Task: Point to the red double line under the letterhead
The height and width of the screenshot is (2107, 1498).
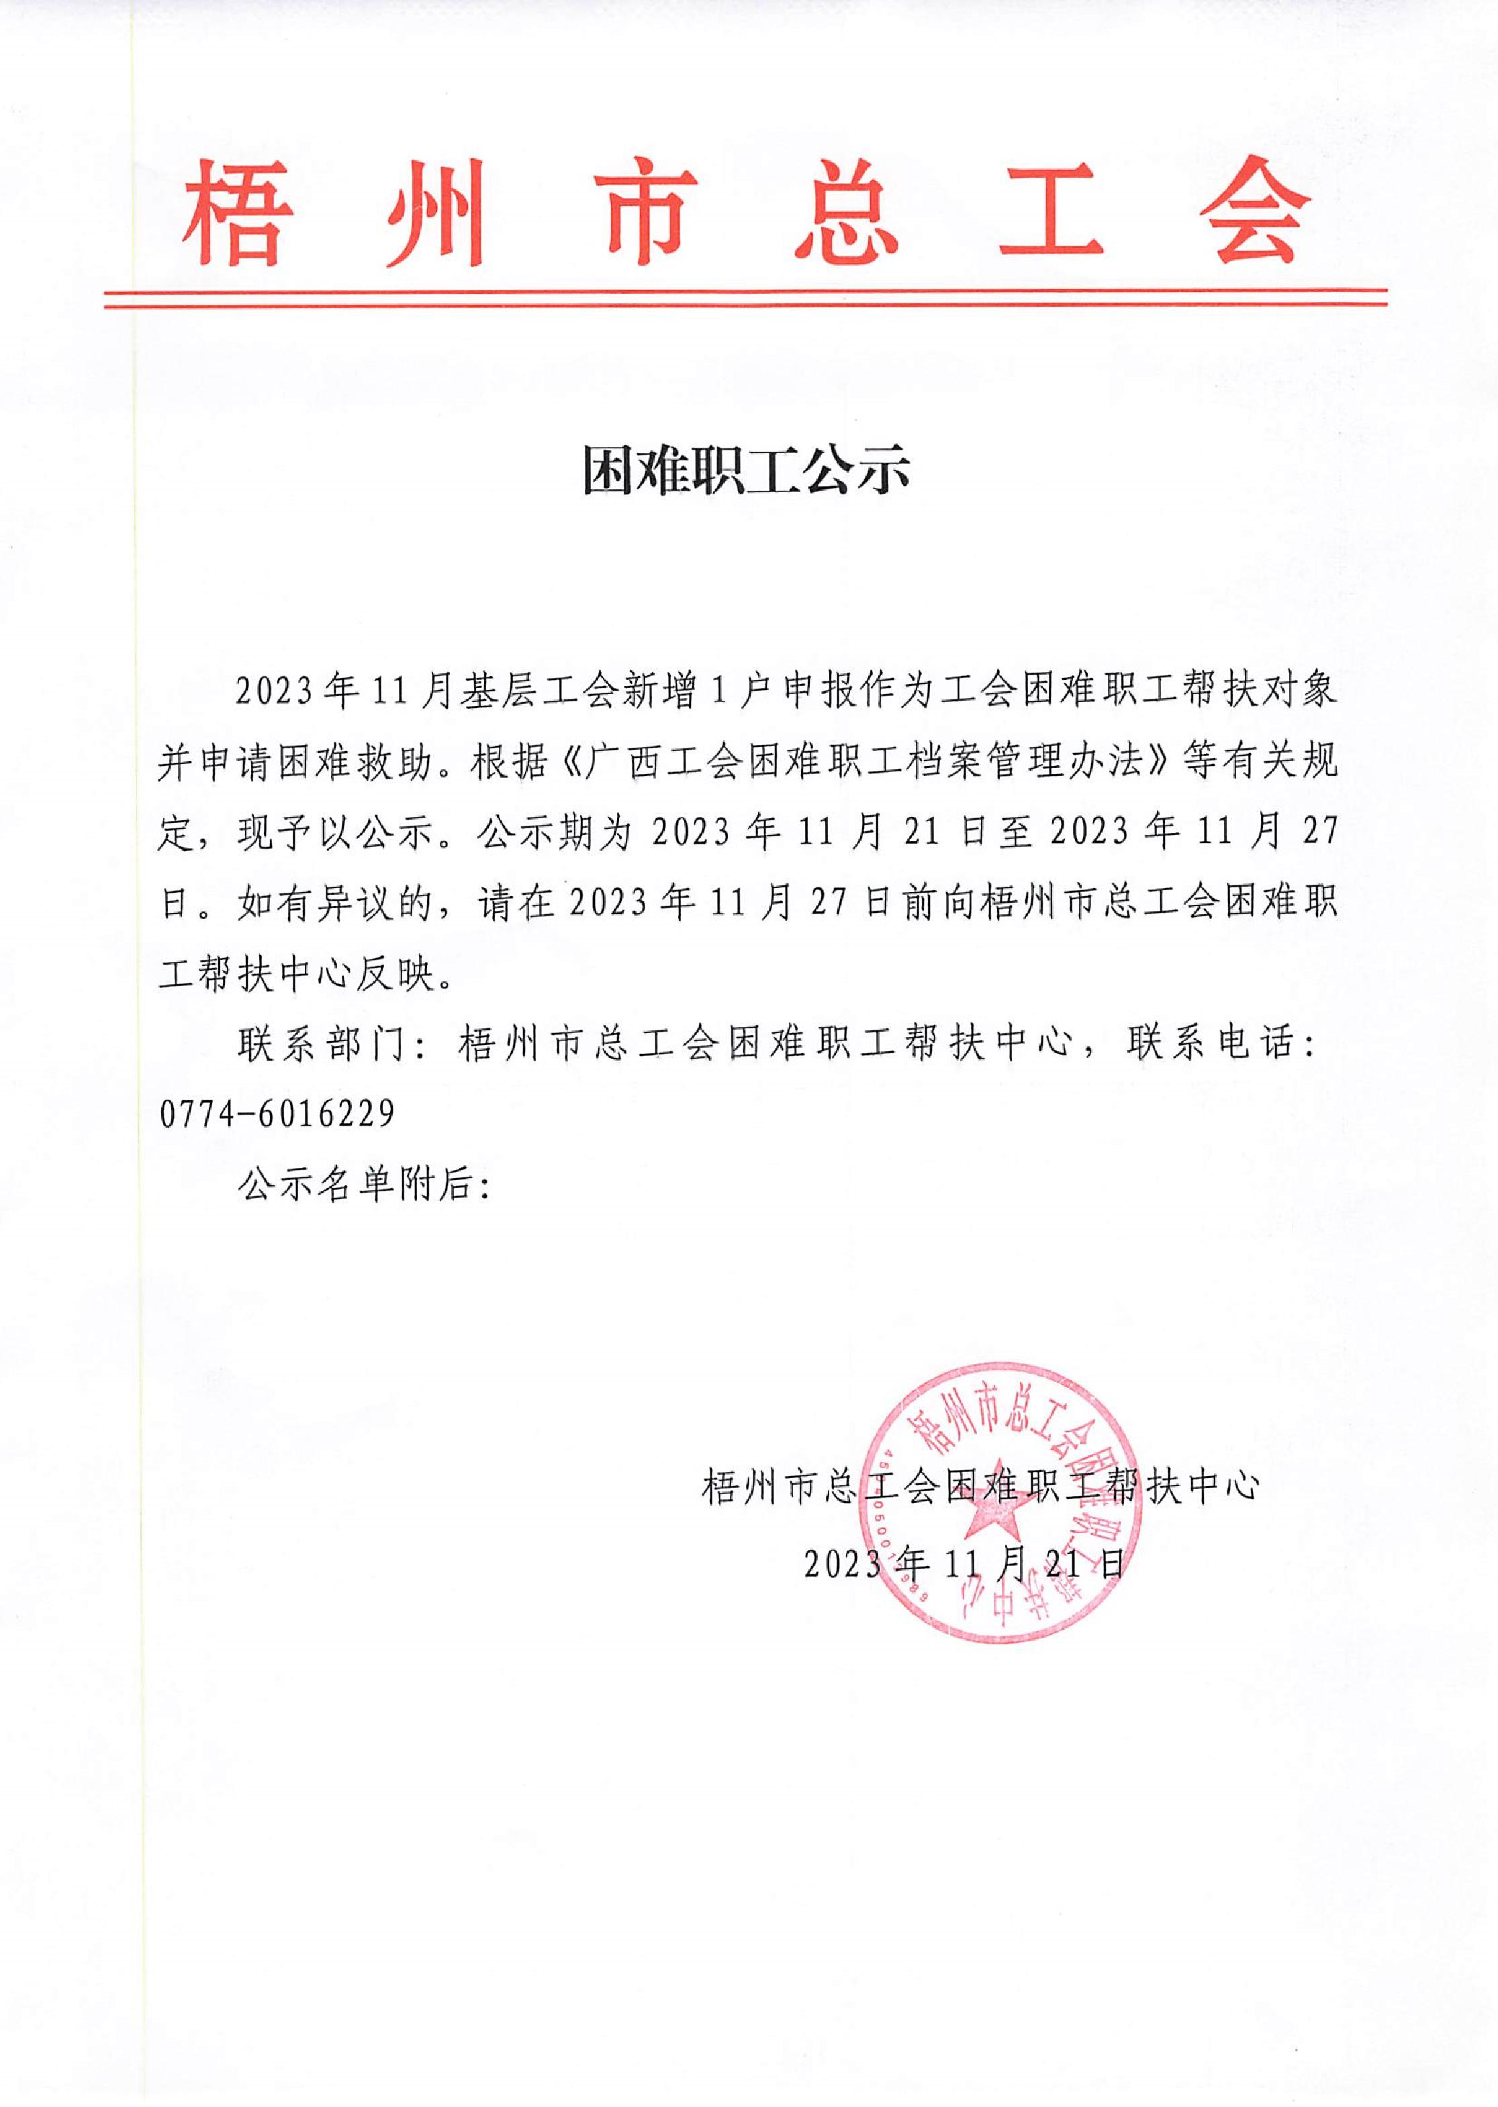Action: [x=745, y=297]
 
